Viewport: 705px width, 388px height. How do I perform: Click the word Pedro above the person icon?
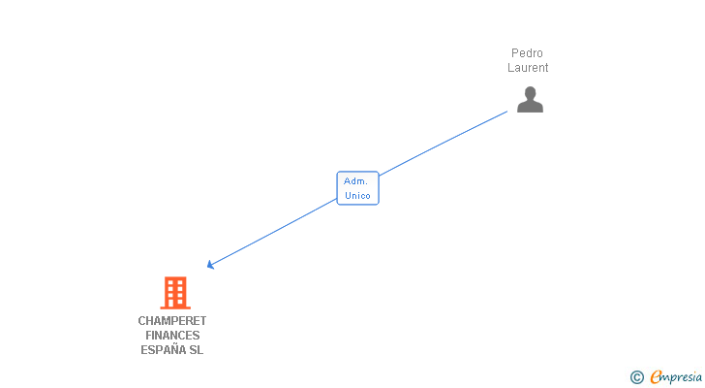point(528,53)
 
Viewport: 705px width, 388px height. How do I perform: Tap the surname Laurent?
point(528,68)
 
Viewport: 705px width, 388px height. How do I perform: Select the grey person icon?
point(530,100)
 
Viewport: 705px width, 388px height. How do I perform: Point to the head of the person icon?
point(530,93)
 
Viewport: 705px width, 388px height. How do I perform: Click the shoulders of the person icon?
point(530,107)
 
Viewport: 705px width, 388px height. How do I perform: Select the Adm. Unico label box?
point(357,188)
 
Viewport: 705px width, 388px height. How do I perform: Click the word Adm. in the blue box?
point(355,181)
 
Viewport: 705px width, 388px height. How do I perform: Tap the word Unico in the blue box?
point(357,195)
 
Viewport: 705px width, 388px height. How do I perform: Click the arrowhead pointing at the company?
point(211,264)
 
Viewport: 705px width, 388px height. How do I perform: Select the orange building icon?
point(174,292)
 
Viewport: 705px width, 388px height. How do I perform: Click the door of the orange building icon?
point(174,303)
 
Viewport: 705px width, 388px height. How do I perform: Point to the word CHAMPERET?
point(172,321)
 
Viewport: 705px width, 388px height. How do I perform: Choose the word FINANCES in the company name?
point(172,336)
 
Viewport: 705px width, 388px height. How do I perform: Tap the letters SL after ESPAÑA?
point(197,350)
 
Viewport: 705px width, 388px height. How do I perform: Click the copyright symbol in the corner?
point(636,377)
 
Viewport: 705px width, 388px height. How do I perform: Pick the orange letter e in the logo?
point(656,377)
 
